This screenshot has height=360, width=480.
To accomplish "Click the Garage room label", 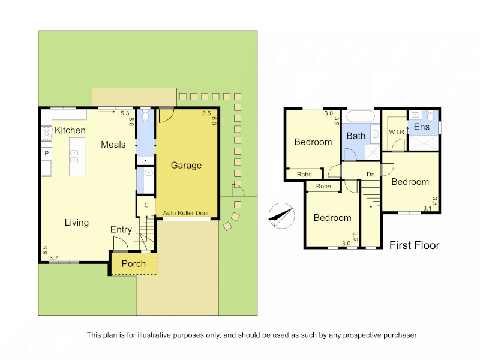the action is pyautogui.click(x=186, y=166).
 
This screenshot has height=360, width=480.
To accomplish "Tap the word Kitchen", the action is pyautogui.click(x=70, y=130).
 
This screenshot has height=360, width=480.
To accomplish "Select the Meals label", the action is pyautogui.click(x=113, y=145).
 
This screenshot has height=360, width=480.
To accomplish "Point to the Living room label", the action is pyautogui.click(x=77, y=223).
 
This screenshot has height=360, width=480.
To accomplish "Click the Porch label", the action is pyautogui.click(x=133, y=263).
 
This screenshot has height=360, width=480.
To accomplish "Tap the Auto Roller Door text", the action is pyautogui.click(x=186, y=213).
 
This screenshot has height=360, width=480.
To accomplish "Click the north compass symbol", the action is pyautogui.click(x=281, y=215).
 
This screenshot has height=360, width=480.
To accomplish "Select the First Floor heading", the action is pyautogui.click(x=415, y=245).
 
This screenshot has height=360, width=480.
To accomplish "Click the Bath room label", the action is pyautogui.click(x=356, y=136).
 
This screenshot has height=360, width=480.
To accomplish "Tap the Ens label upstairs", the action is pyautogui.click(x=422, y=127).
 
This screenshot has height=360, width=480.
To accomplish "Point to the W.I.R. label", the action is pyautogui.click(x=397, y=132).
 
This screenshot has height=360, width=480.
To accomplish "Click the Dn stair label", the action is pyautogui.click(x=371, y=174).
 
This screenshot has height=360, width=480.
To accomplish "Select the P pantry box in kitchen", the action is pyautogui.click(x=47, y=153).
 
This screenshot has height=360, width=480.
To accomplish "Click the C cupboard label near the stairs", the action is pyautogui.click(x=146, y=205).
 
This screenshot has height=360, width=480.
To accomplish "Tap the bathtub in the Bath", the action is pyautogui.click(x=361, y=116).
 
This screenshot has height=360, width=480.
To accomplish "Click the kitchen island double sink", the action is pyautogui.click(x=74, y=157).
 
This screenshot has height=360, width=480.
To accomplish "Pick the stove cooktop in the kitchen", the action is pyautogui.click(x=47, y=134).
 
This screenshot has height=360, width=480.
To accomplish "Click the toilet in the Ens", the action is pyautogui.click(x=431, y=116).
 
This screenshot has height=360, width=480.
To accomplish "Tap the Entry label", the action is pyautogui.click(x=121, y=230).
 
